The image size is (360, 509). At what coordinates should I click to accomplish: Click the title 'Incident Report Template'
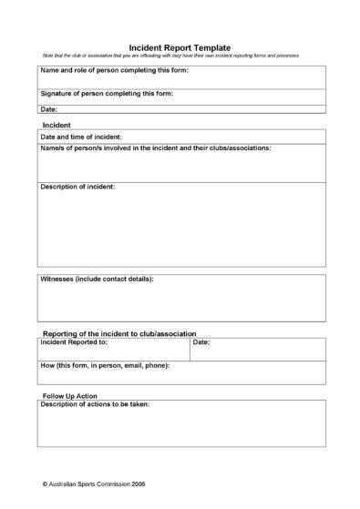[180, 47]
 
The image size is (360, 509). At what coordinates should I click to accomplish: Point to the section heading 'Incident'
[57, 124]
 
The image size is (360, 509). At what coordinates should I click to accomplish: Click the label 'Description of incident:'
[77, 187]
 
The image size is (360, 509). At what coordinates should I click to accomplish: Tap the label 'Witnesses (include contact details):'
[97, 279]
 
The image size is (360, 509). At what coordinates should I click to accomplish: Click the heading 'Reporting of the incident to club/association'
[119, 334]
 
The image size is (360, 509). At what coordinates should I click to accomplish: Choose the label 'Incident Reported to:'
[74, 342]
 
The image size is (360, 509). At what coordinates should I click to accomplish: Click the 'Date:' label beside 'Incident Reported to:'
[201, 342]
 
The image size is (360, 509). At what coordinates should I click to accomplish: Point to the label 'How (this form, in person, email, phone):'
[105, 365]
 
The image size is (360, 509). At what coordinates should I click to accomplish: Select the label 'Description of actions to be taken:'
[95, 404]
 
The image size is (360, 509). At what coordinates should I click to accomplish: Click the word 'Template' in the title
[212, 47]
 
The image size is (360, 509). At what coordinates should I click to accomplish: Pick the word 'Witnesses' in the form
[58, 279]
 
